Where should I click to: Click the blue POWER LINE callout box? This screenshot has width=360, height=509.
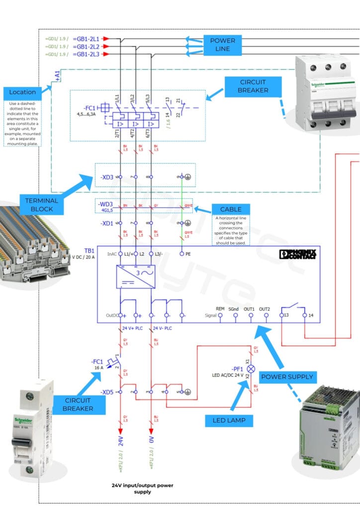pyautogui.click(x=222, y=45)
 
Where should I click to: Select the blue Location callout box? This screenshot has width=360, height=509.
pyautogui.click(x=22, y=92)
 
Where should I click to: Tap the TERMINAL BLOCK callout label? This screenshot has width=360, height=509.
pyautogui.click(x=42, y=205)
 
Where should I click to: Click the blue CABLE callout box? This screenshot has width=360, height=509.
pyautogui.click(x=231, y=209)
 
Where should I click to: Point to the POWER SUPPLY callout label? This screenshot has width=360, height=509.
pyautogui.click(x=287, y=376)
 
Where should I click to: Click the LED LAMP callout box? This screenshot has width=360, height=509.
pyautogui.click(x=225, y=420)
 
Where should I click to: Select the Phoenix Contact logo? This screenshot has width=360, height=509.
pyautogui.click(x=298, y=254)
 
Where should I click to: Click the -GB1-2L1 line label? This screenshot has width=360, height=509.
pyautogui.click(x=86, y=38)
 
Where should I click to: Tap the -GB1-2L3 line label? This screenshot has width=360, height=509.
pyautogui.click(x=86, y=54)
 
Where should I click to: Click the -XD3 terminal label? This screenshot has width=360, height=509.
pyautogui.click(x=107, y=176)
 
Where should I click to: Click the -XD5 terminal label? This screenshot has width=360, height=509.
pyautogui.click(x=107, y=392)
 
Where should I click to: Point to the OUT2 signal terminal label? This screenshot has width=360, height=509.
pyautogui.click(x=264, y=309)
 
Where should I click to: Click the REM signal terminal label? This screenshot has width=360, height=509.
pyautogui.click(x=220, y=309)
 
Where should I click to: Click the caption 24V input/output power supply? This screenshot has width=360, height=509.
pyautogui.click(x=142, y=488)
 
